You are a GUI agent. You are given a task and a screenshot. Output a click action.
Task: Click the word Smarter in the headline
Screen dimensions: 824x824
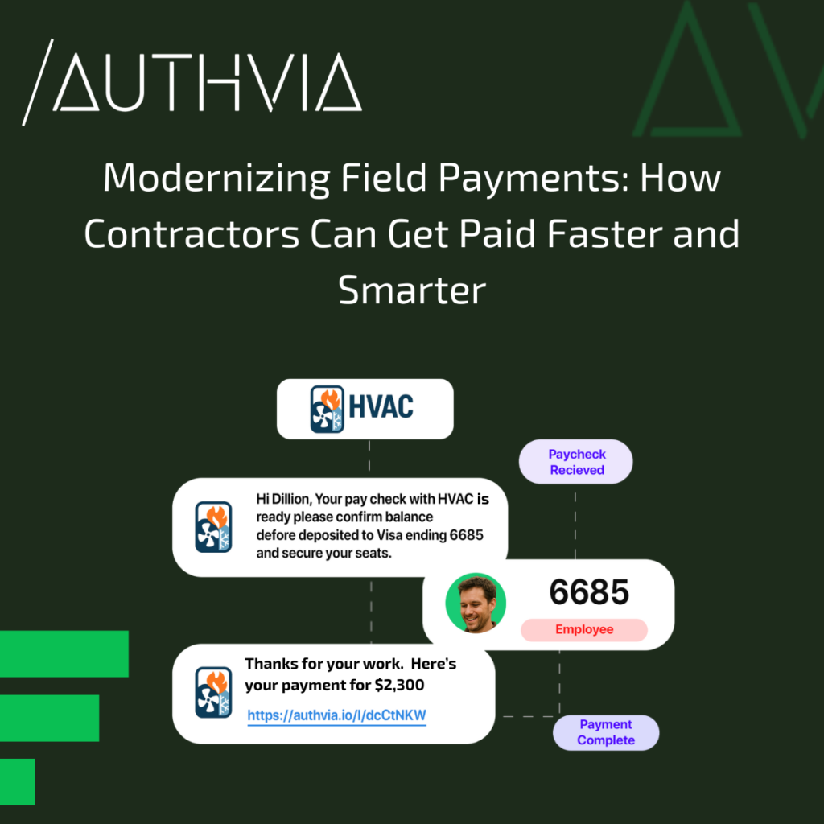point(412,290)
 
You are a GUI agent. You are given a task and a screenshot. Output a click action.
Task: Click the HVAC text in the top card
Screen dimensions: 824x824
point(381,405)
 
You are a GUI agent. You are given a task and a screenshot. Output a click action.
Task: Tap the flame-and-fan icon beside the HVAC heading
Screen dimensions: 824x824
point(327,410)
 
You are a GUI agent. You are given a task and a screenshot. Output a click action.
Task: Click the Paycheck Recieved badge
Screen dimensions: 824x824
point(576,462)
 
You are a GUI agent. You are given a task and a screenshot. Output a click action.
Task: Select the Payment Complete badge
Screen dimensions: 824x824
point(605,732)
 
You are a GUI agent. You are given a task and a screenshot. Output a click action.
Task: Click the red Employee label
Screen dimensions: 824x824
point(584,629)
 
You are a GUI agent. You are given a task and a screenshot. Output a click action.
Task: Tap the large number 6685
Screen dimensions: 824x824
point(589,592)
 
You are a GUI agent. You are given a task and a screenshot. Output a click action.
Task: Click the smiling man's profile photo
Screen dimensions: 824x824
point(476,604)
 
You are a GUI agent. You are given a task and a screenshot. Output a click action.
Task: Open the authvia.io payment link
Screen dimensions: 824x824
point(336,715)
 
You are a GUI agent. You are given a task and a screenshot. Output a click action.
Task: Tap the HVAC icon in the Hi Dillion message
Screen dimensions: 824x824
point(213,527)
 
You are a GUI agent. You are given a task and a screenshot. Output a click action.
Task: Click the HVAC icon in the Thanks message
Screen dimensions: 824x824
point(213,692)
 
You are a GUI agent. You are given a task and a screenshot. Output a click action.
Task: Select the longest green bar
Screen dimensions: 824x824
point(63,653)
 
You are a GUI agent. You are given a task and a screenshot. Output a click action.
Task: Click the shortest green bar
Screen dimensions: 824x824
point(17,781)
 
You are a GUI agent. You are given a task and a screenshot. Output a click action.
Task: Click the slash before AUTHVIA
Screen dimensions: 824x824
point(37,82)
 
